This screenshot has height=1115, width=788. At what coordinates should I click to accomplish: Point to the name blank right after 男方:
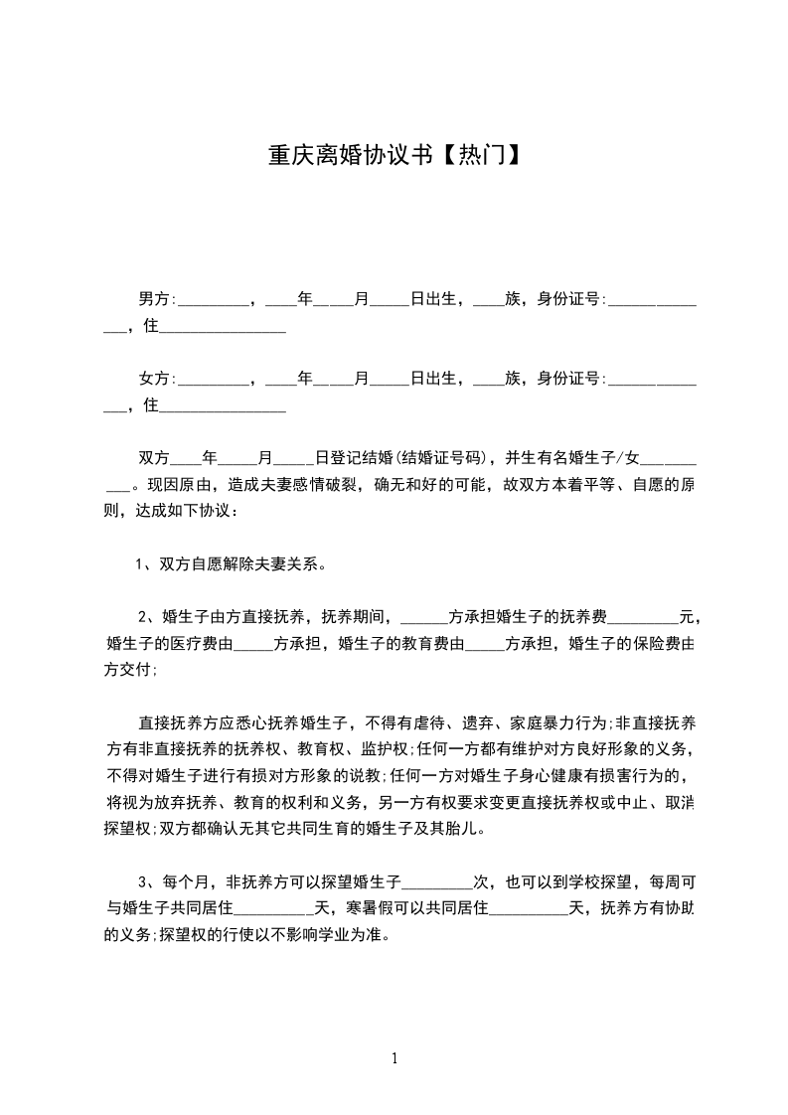pyautogui.click(x=215, y=300)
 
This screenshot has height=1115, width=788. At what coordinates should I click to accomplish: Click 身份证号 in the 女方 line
pyautogui.click(x=568, y=379)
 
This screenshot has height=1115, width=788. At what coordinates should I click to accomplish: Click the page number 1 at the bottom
pyautogui.click(x=394, y=1059)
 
